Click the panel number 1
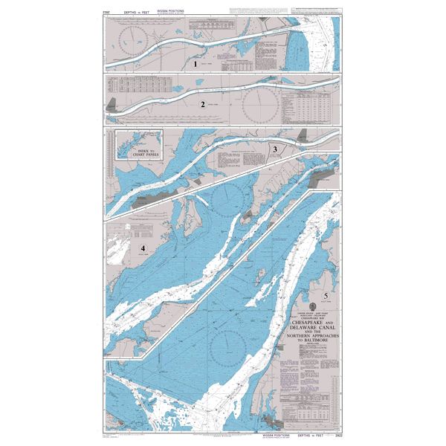(196, 64)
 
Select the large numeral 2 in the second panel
(201, 104)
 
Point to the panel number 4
(143, 247)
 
